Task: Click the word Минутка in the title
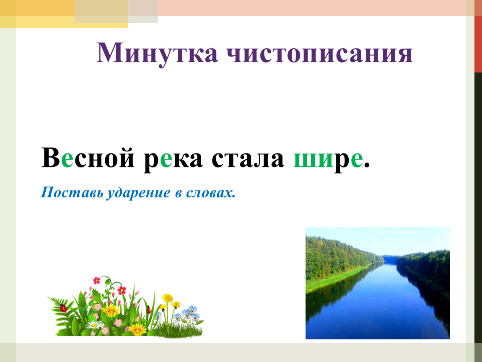157,53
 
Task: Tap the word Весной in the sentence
88,158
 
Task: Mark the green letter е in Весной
67,160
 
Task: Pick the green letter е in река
166,160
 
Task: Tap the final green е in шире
357,160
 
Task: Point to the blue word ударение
138,193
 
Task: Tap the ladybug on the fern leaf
63,308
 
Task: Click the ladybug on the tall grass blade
149,310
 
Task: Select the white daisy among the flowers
94,325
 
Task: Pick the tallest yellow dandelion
168,298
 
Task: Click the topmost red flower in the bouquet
96,280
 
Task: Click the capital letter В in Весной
51,158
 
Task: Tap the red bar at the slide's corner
478,36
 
